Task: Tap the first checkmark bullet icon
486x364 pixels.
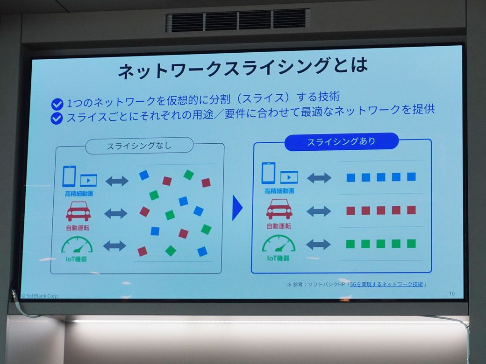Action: click(x=57, y=104)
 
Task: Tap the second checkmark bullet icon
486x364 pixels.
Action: click(x=57, y=119)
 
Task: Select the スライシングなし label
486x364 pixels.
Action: click(x=139, y=146)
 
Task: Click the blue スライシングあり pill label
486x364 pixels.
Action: click(x=341, y=142)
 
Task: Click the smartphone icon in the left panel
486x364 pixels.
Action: click(x=69, y=176)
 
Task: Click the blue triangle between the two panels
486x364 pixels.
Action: click(x=237, y=208)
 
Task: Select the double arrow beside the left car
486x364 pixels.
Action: click(x=115, y=214)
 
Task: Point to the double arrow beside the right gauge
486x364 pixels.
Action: click(x=319, y=244)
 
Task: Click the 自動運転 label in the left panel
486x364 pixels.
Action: click(x=78, y=228)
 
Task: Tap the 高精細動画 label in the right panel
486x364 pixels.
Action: click(x=279, y=191)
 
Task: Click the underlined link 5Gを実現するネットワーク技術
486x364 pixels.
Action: click(x=386, y=284)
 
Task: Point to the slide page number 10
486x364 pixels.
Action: click(x=451, y=294)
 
